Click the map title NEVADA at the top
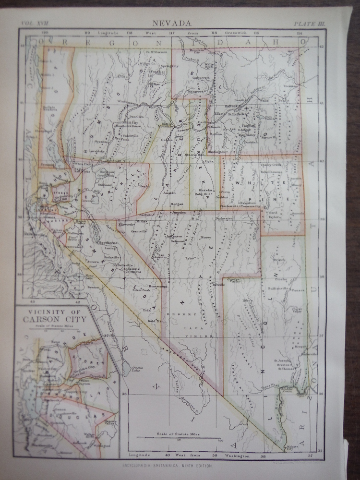pyautogui.click(x=173, y=23)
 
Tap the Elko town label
pyautogui.click(x=220, y=113)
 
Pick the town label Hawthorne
pyautogui.click(x=107, y=243)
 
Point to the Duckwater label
pyautogui.click(x=224, y=217)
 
